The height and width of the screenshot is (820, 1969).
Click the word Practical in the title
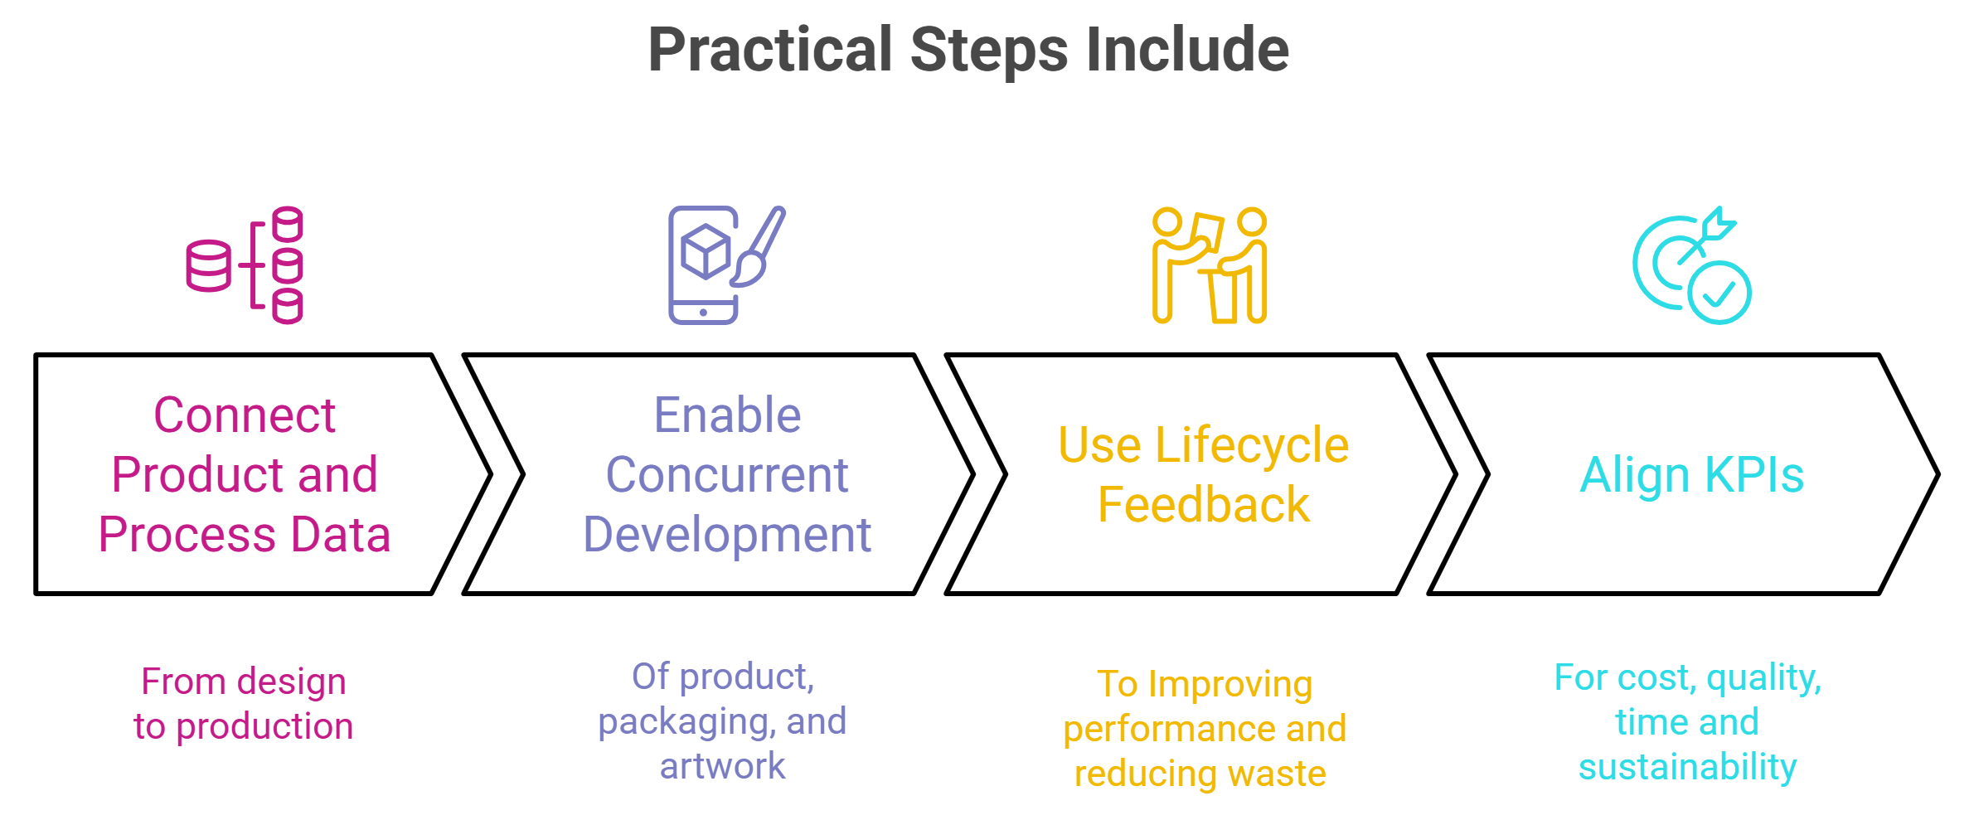tap(770, 50)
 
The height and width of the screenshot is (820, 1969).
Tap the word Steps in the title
tap(989, 50)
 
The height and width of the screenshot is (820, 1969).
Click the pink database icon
tap(245, 265)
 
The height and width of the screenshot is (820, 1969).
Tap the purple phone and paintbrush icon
tap(727, 265)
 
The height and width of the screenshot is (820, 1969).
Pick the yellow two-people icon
tap(1210, 265)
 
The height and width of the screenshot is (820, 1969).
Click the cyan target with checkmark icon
tap(1692, 265)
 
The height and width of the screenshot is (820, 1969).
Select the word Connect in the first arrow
tap(245, 415)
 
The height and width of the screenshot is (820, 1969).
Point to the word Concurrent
tap(727, 474)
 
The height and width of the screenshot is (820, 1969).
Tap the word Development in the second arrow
tap(727, 534)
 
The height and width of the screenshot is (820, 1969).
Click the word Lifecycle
tap(1252, 445)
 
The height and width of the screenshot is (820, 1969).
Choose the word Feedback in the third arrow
tap(1204, 504)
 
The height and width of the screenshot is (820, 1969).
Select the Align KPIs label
tap(1692, 475)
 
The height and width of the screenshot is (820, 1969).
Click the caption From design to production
tap(244, 703)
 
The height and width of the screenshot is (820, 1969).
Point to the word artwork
tap(723, 766)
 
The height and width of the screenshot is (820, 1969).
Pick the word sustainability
tap(1688, 767)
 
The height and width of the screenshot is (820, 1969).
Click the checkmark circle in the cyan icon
tap(1719, 293)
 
